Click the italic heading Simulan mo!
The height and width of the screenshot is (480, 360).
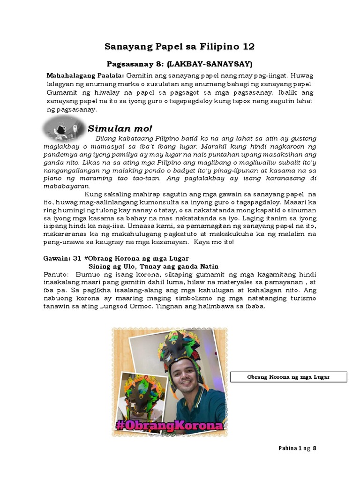click(120, 128)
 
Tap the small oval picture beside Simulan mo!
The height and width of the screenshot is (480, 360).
click(63, 128)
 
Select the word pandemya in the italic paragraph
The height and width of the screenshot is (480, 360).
click(62, 154)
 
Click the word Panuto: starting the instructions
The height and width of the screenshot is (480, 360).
click(56, 274)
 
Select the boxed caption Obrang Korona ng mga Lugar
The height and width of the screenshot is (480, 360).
click(288, 377)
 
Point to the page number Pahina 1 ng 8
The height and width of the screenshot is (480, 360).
click(298, 448)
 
